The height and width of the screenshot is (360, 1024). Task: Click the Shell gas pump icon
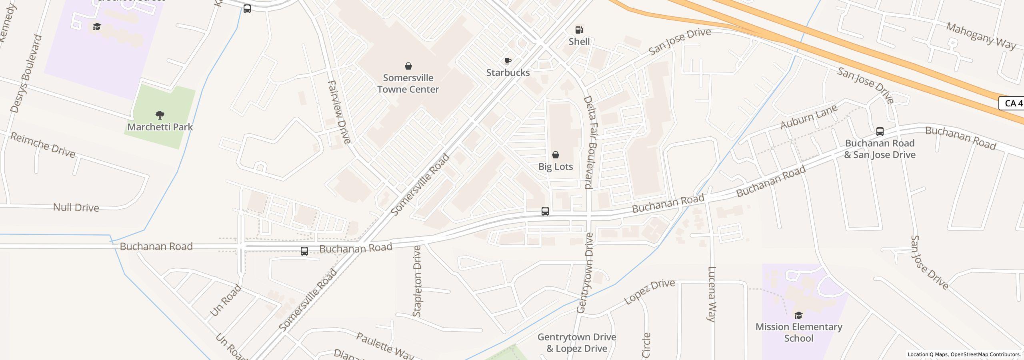point(579,30)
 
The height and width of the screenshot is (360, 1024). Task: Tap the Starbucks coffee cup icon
point(508,61)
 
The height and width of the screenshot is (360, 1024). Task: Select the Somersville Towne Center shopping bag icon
point(408,66)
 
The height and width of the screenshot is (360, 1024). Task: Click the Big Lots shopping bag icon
point(555,155)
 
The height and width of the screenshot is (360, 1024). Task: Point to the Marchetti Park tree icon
point(160,116)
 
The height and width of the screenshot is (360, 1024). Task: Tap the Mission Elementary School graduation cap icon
point(798,315)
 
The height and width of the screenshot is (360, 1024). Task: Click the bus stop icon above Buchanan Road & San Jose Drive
point(880,132)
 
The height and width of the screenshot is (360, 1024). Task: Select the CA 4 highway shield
point(1012,103)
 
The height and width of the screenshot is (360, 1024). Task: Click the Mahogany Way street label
point(980,36)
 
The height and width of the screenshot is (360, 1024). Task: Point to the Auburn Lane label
point(808,117)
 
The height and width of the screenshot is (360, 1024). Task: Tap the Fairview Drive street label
point(339,112)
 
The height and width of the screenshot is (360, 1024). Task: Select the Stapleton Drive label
point(417,281)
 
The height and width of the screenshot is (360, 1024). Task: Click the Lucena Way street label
point(711,294)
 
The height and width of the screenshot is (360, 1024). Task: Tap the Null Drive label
point(76,208)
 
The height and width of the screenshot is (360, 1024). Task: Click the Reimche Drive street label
point(43,145)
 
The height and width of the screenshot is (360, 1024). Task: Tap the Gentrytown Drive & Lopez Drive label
point(576,343)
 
